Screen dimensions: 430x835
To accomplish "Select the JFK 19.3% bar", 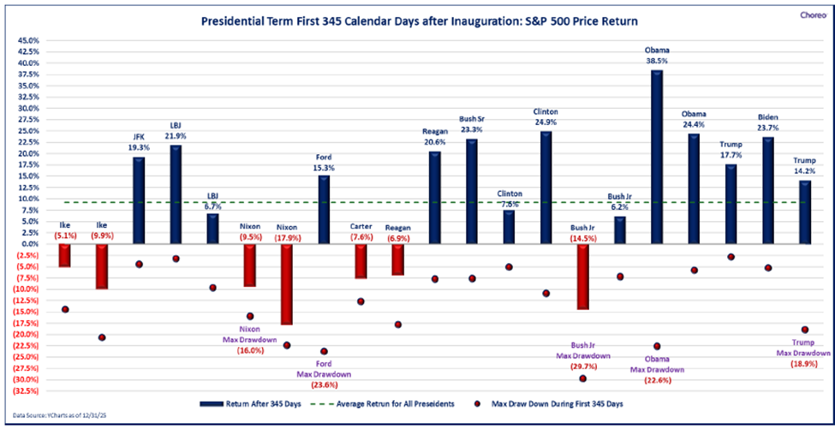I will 139,200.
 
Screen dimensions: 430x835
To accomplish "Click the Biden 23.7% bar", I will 768,190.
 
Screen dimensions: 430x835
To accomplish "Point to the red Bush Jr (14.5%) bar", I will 583,277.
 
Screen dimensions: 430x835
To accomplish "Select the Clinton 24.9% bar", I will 546,188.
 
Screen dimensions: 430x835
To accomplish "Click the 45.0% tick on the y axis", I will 26,40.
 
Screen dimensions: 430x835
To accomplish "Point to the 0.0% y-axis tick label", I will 27,244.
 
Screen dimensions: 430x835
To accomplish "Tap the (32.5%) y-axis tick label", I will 25,391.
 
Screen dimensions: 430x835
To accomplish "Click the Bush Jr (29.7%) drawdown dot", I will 583,378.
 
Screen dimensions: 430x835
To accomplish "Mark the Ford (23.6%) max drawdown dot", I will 324,351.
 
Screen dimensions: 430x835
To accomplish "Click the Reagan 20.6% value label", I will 435,142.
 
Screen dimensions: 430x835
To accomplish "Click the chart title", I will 419,19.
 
